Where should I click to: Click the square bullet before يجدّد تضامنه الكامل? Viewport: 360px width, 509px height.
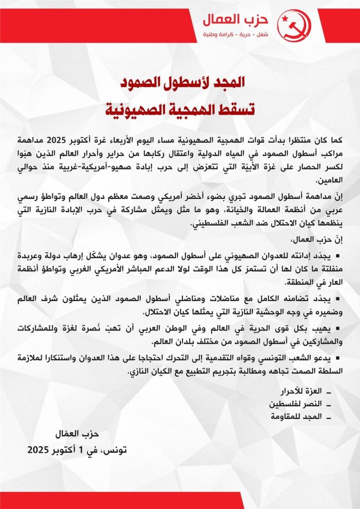[x=337, y=299]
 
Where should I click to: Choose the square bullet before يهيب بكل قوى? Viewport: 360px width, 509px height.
[x=337, y=329]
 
